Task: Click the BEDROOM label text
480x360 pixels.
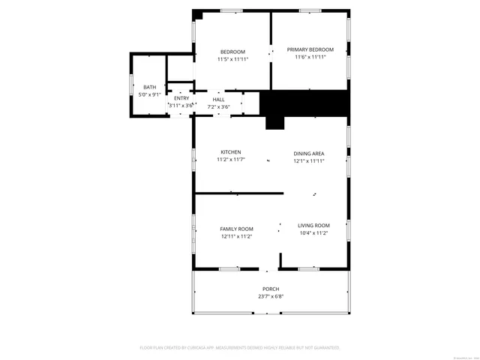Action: point(232,52)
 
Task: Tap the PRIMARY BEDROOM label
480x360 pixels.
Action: point(310,50)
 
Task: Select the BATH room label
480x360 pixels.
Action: point(150,88)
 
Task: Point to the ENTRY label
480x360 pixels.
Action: point(181,99)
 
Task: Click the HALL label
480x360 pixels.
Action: point(218,100)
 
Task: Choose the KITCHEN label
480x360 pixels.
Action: point(230,152)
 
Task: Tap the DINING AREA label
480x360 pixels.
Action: point(308,154)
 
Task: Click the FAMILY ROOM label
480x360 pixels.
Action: point(236,229)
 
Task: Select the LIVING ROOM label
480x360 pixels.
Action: point(313,226)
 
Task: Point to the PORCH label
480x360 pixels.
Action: point(271,289)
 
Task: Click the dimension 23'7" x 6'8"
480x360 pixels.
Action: point(271,296)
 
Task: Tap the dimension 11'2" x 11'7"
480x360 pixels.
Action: point(231,160)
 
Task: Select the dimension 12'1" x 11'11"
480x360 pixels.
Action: point(308,160)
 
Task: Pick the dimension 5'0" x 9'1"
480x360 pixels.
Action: point(150,94)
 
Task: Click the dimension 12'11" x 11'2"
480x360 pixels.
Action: point(236,236)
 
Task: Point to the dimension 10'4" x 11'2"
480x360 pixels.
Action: point(313,233)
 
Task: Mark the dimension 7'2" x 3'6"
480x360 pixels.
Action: point(218,106)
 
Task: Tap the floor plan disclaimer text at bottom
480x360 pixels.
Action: point(240,348)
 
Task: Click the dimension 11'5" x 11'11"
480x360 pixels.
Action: point(232,58)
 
